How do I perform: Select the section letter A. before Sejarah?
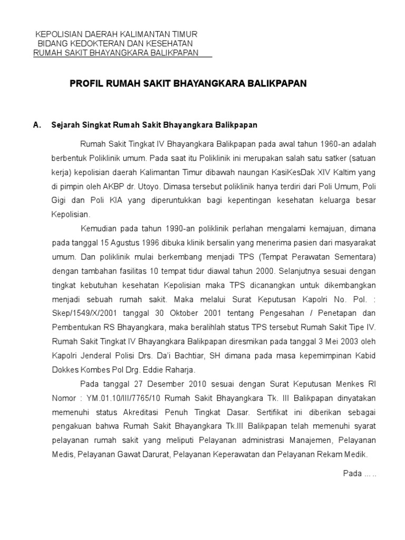[37, 126]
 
